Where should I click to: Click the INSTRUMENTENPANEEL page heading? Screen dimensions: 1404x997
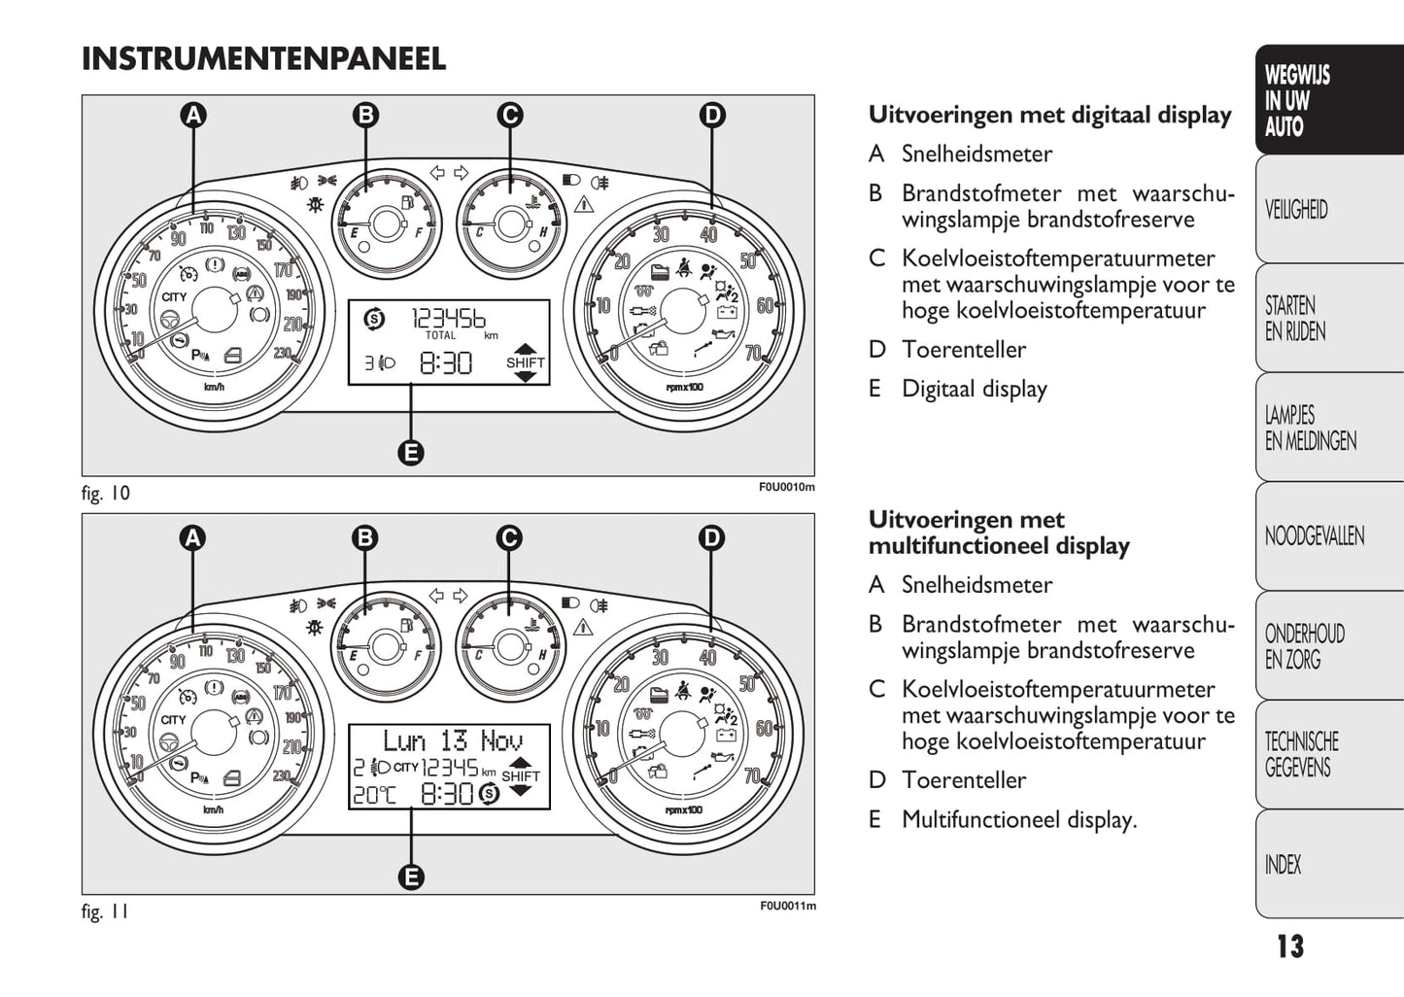264,59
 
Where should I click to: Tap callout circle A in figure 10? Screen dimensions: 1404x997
193,116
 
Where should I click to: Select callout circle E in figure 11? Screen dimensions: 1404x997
411,877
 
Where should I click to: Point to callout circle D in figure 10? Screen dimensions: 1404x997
712,116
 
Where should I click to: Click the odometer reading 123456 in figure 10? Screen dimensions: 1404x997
448,319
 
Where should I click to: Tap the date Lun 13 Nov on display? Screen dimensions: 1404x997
453,740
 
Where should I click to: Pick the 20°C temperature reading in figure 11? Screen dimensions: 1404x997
374,795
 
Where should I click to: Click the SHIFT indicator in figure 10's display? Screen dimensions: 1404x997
526,362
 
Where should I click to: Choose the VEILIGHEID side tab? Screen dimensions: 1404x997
1296,210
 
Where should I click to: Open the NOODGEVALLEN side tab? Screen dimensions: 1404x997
1315,536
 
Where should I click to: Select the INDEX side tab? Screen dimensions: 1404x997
1283,865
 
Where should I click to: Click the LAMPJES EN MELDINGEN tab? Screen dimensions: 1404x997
1311,428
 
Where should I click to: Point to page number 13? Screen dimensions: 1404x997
1290,946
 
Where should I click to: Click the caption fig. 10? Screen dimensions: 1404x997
105,493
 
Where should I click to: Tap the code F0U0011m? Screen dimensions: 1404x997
788,906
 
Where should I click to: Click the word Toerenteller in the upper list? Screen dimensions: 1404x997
964,349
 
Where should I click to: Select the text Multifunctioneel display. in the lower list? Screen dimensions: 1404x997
1019,819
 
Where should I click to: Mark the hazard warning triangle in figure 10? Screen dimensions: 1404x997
584,204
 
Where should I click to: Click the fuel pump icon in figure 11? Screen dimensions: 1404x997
406,626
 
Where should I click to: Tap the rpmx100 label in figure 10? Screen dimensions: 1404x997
684,387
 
